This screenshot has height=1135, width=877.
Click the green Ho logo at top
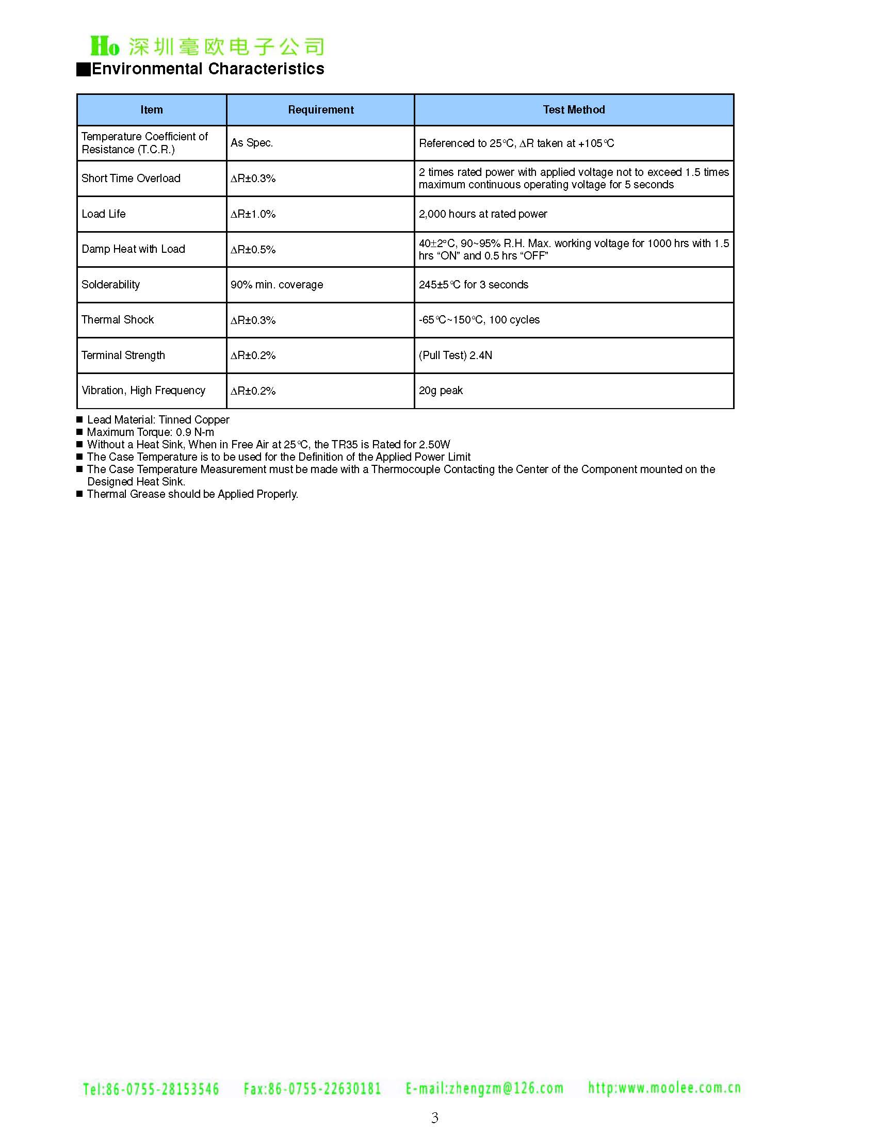(105, 46)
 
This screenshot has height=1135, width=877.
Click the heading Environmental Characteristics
(207, 69)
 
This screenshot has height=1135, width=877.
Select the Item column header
(151, 110)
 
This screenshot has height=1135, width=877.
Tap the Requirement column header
(320, 110)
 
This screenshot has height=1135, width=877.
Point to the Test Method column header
(574, 110)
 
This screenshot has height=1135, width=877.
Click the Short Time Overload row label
(131, 179)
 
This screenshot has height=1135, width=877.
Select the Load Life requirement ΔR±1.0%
(253, 214)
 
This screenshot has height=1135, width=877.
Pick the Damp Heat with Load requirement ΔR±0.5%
(253, 250)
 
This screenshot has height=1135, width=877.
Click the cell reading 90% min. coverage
(277, 285)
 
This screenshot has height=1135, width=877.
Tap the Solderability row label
(111, 285)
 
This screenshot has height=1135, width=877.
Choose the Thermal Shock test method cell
(479, 320)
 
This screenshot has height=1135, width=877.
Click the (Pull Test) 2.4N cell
(456, 355)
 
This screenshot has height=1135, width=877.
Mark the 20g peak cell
(441, 391)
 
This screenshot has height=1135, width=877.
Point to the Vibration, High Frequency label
(143, 391)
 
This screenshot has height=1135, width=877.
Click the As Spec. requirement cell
(252, 143)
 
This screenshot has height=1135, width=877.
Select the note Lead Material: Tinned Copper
(158, 419)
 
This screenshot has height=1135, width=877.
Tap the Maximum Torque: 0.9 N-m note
(150, 432)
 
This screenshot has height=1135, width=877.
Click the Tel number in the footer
(151, 1089)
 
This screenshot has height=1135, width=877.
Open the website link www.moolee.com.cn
(664, 1088)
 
